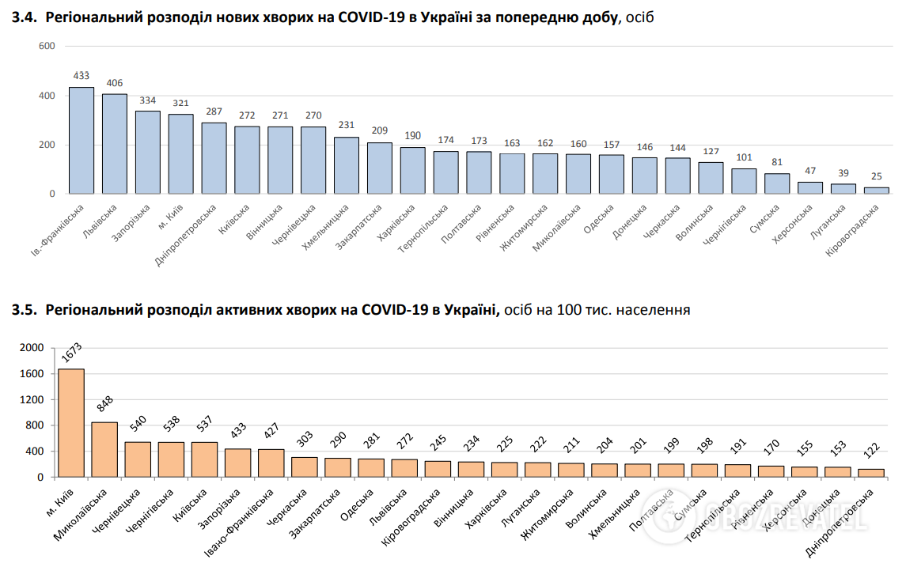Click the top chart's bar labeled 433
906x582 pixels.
tap(82, 141)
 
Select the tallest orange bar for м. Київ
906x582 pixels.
tap(71, 423)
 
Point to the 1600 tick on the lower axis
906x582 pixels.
tap(31, 373)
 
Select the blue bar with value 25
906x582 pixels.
tap(876, 191)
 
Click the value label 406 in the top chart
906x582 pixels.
tap(115, 83)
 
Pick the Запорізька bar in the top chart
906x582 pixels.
tap(148, 152)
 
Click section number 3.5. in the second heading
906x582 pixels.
tap(25, 310)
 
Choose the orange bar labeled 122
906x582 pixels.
tap(870, 473)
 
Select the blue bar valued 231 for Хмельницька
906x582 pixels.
tap(347, 165)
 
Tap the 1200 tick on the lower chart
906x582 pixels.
tap(31, 399)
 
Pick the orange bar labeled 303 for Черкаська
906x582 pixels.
tap(304, 467)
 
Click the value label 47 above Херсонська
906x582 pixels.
tap(809, 171)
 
